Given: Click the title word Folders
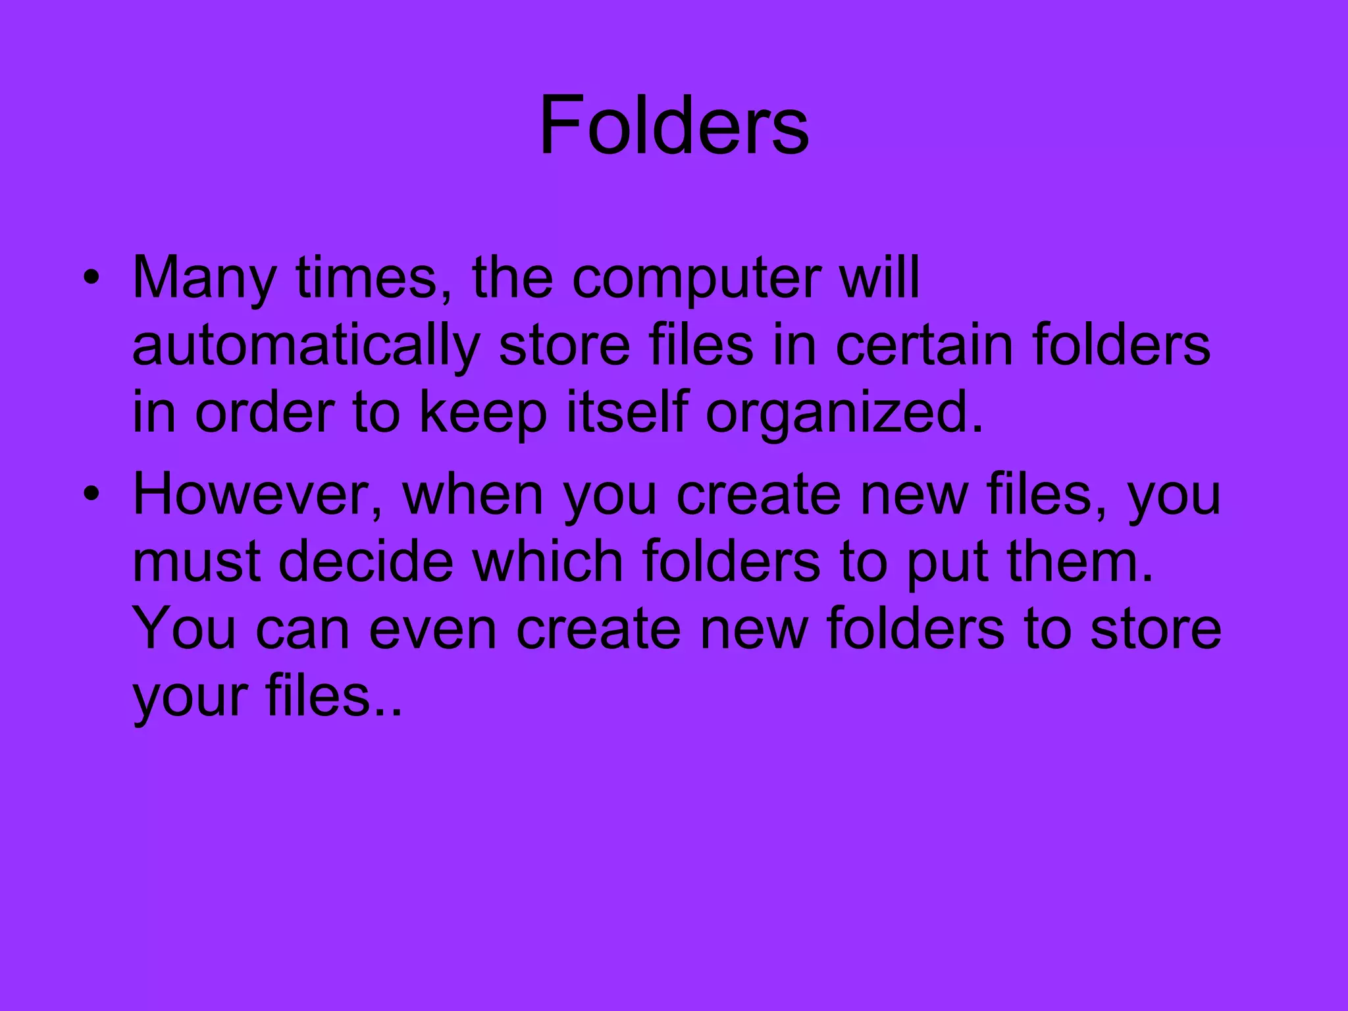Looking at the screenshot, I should [x=674, y=125].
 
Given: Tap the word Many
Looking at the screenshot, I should [x=204, y=279].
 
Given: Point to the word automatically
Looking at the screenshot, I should [x=306, y=347].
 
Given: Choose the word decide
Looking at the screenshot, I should [x=366, y=562].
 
